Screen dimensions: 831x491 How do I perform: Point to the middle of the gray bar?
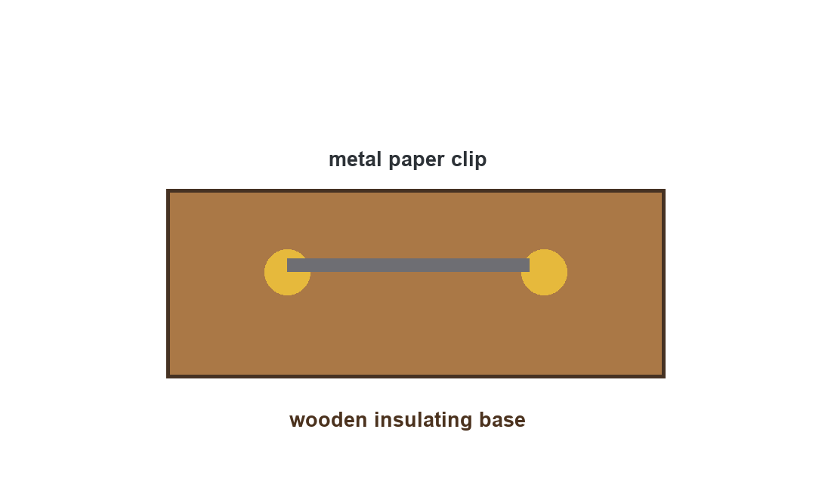point(408,265)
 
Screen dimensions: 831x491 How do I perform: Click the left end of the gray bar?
point(287,265)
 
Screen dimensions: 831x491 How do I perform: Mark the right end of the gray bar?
point(529,265)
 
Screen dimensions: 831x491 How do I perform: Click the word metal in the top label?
point(354,159)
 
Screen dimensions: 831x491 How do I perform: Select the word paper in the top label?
point(416,160)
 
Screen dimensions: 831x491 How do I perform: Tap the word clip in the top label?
point(469,159)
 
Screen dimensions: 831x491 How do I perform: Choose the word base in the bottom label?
point(502,419)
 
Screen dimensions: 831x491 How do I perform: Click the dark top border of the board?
point(415,190)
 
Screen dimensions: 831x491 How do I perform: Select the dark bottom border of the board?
point(415,377)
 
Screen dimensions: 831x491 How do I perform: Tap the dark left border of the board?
point(168,283)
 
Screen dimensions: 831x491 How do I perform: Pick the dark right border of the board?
point(663,283)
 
